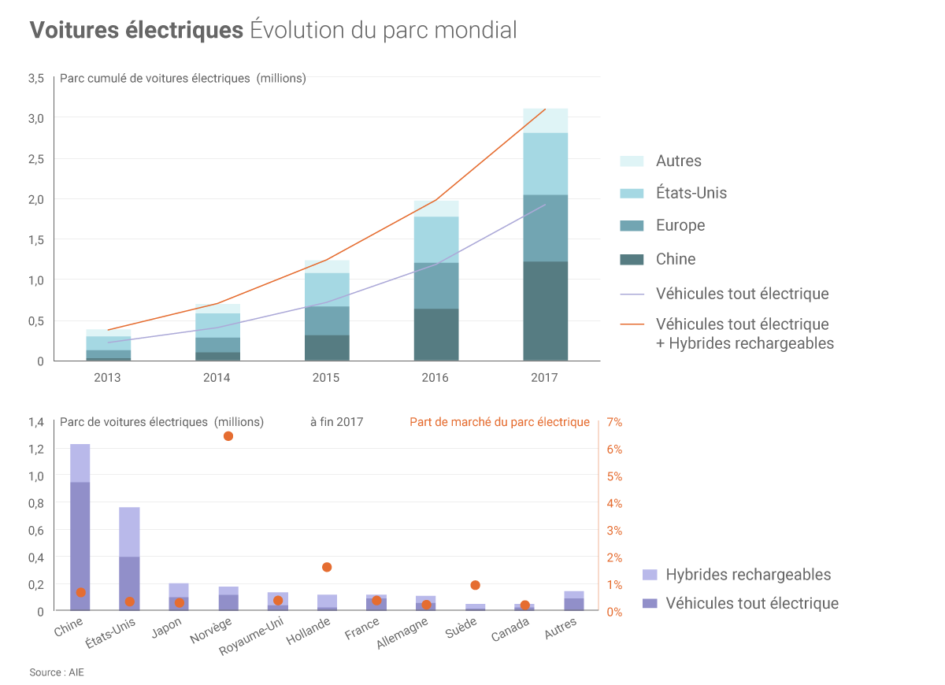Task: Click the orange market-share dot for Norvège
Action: coord(228,436)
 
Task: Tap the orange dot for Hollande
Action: coord(327,567)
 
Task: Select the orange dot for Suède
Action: coord(475,585)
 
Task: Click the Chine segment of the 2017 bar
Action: coord(545,311)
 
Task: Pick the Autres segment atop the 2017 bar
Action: coord(545,120)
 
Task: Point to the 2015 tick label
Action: coord(326,378)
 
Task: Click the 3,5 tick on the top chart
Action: coord(36,78)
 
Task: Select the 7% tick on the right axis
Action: coord(614,422)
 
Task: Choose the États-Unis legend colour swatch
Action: coord(632,193)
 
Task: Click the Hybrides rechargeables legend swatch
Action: coord(650,575)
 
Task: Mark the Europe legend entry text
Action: coord(680,225)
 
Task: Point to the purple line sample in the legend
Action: coord(632,294)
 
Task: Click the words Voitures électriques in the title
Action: coord(136,30)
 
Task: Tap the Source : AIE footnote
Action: coord(57,672)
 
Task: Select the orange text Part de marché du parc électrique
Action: coord(499,422)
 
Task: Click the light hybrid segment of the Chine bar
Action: coord(80,463)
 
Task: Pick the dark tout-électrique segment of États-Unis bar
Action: coord(129,583)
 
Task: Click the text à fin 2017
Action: coord(336,422)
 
